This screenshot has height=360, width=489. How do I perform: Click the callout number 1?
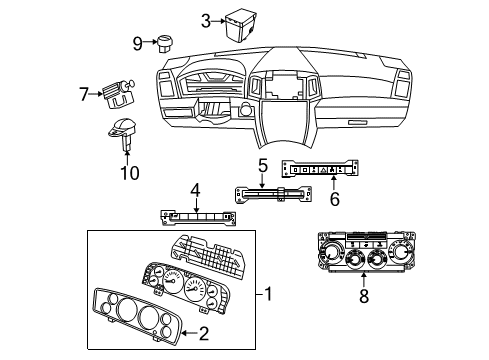[267, 295]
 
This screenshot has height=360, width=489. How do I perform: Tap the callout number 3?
[205, 19]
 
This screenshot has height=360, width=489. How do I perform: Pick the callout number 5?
[263, 164]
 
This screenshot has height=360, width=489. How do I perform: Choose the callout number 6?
[334, 199]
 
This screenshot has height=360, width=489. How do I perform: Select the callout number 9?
[138, 42]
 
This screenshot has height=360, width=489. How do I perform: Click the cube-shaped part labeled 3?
[240, 21]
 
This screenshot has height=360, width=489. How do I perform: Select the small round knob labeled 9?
[162, 42]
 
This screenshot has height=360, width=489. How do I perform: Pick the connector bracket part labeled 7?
[118, 95]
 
